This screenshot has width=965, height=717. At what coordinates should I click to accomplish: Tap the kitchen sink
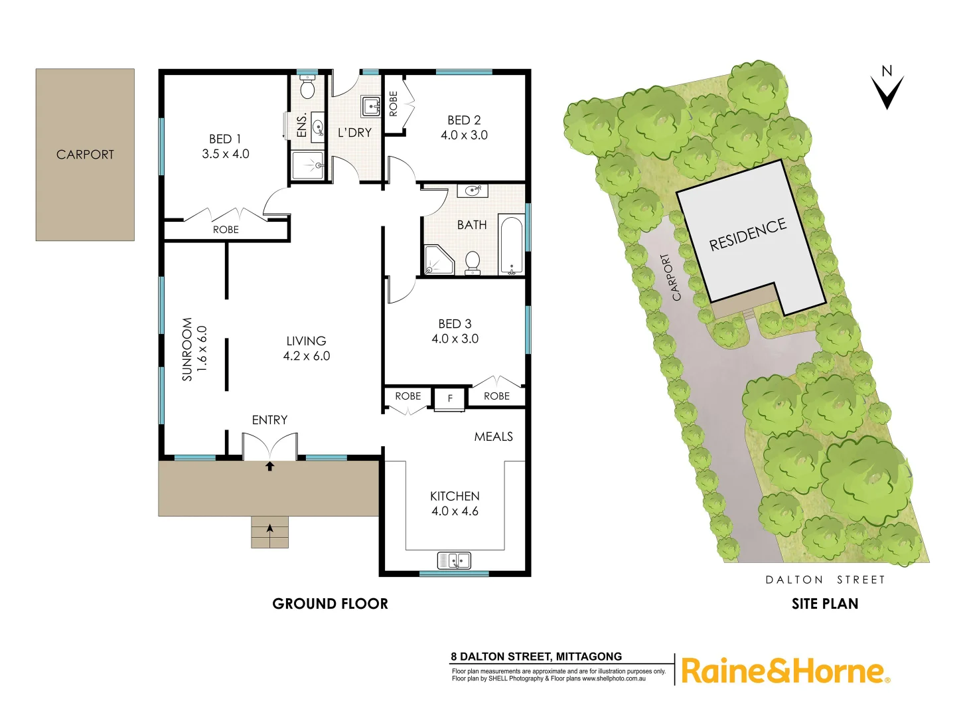[x=454, y=560]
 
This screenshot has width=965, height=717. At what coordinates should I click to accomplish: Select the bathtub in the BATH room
[x=511, y=245]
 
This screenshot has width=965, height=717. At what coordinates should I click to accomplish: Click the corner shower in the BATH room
[x=437, y=260]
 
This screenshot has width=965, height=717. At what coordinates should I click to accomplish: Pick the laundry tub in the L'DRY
[x=370, y=106]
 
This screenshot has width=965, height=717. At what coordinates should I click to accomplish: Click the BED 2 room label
[x=464, y=120]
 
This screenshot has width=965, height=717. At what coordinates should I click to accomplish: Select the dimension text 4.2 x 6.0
[x=306, y=356]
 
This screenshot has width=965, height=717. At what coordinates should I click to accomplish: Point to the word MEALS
[x=493, y=436]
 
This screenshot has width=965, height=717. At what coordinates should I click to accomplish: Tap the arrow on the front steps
[x=269, y=529]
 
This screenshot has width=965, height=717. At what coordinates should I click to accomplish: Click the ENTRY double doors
[x=269, y=445]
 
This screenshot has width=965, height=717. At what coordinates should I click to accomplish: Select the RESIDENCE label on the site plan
[x=747, y=234]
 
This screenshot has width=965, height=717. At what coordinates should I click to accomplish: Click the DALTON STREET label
[x=825, y=580]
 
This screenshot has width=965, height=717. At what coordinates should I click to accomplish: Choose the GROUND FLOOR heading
[x=330, y=603]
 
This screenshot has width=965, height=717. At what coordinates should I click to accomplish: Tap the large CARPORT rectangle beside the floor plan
[x=85, y=155]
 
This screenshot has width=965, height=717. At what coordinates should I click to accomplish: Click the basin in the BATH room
[x=473, y=191]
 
